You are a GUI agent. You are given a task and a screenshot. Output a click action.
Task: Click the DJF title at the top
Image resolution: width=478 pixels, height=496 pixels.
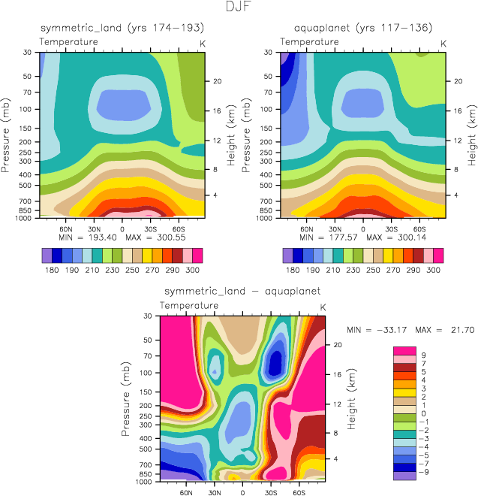click(x=239, y=8)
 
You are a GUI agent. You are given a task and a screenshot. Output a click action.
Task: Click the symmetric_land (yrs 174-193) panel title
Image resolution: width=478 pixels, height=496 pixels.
click(x=121, y=29)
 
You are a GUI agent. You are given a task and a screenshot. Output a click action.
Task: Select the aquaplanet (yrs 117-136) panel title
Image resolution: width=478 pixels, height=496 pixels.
click(x=362, y=29)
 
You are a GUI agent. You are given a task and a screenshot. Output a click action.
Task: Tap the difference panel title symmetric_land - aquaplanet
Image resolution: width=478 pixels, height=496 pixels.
click(x=242, y=291)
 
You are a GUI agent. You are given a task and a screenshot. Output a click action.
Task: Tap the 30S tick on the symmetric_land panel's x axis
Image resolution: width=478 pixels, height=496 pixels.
click(x=149, y=228)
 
